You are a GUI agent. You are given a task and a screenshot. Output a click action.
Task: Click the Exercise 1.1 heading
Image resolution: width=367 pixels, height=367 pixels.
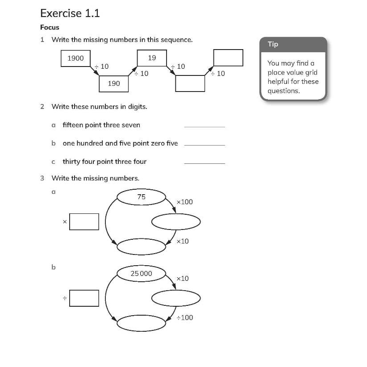tap(70, 13)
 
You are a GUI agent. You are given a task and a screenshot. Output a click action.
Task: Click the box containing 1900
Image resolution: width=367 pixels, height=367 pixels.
tap(75, 58)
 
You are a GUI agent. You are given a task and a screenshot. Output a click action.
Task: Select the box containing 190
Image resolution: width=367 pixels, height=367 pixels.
tap(114, 83)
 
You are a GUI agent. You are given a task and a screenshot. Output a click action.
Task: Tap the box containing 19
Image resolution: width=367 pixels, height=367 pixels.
tap(152, 58)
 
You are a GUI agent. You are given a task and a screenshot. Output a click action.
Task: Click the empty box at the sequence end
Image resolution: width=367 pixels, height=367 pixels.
tap(228, 58)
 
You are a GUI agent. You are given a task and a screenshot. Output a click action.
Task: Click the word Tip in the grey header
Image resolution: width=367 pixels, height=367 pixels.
tap(273, 44)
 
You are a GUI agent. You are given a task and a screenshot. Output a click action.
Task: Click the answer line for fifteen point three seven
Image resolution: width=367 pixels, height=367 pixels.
tap(204, 126)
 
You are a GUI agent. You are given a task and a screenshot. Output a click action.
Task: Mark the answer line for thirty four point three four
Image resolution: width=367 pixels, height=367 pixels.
tap(204, 163)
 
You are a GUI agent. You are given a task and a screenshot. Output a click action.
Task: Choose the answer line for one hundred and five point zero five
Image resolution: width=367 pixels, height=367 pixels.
tap(204, 144)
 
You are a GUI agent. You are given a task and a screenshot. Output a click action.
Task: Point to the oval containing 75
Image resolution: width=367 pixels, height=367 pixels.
tap(141, 197)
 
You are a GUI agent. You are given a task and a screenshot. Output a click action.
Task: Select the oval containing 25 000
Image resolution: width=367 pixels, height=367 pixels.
tap(141, 273)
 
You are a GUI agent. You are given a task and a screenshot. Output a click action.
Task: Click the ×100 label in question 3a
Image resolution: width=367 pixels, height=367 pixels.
tap(184, 202)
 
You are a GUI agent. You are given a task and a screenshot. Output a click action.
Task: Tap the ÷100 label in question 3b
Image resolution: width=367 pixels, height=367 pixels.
tap(184, 317)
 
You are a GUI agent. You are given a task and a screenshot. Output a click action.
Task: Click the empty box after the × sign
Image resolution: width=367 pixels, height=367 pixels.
tap(84, 221)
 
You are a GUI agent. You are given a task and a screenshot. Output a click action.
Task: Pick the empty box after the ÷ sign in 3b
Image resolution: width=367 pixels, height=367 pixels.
tap(84, 298)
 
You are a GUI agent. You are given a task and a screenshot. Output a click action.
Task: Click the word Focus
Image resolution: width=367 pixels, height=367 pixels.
tap(50, 27)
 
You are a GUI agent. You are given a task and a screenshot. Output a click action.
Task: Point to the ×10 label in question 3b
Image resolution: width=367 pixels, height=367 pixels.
tap(183, 279)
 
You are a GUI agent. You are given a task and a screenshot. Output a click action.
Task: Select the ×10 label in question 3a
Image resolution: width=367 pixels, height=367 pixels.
tap(183, 241)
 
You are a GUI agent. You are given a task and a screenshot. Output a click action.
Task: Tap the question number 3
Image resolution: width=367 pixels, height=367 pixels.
tap(42, 178)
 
